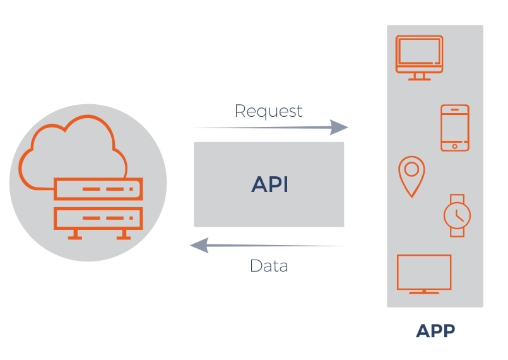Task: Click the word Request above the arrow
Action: point(268,111)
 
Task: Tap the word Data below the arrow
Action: point(269,265)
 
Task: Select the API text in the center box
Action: point(269,184)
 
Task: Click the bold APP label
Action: point(435,331)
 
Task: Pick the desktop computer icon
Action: point(418,56)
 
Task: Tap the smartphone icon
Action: point(454,128)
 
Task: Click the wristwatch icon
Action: point(457,215)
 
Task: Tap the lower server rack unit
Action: point(98,219)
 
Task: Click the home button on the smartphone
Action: point(454,147)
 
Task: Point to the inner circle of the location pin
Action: point(411,169)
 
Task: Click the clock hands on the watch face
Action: point(458,216)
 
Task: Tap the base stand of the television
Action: point(424,292)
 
